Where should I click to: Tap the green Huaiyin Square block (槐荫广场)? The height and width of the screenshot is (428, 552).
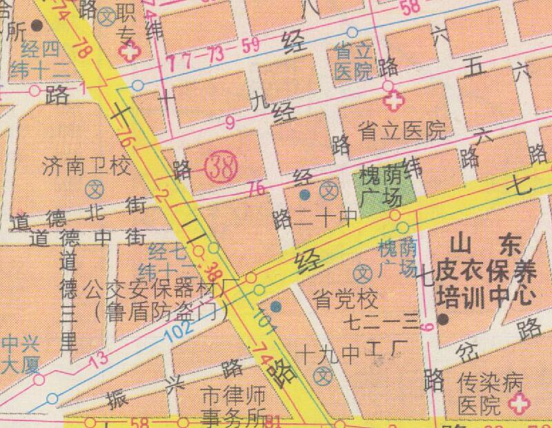380,188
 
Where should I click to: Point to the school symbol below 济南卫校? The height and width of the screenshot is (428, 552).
95,187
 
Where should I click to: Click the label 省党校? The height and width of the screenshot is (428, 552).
346,300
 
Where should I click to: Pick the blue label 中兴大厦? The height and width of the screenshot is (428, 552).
17,354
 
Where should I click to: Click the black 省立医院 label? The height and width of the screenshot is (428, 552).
402,129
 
